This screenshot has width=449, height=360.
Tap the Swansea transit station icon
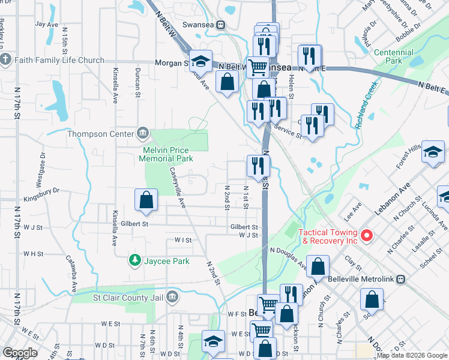coord(221,25)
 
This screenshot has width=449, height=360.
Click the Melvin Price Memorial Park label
coord(166,154)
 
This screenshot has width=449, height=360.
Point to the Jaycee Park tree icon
coord(135,260)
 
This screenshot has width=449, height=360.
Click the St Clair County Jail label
coord(128,296)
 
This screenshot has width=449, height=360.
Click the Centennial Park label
coord(393,57)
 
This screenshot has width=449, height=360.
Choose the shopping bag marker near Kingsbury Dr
coord(146,202)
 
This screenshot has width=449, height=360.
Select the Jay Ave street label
coord(46,24)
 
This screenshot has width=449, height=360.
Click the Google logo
coord(20,353)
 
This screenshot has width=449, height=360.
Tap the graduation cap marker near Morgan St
coord(201,61)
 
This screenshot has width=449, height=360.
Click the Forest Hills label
coord(408,155)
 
